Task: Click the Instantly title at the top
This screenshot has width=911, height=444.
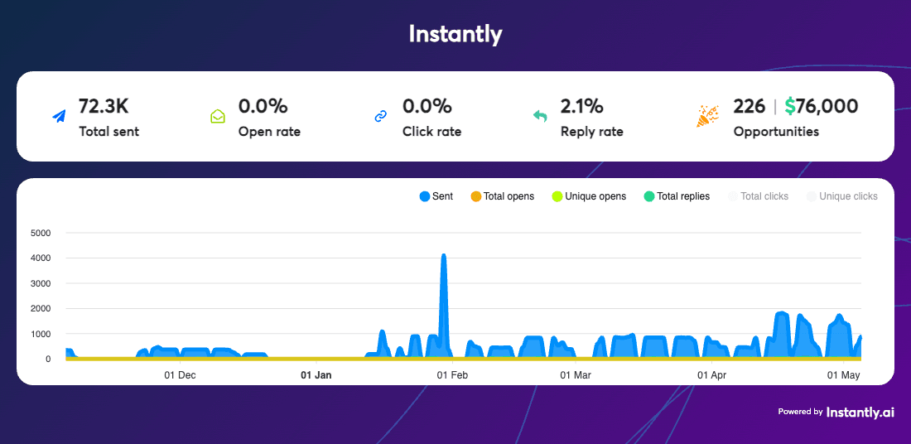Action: click(x=455, y=34)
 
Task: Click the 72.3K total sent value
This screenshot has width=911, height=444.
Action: click(x=104, y=106)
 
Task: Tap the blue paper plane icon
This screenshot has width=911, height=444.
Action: click(x=59, y=117)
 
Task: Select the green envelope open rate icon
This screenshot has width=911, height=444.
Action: click(x=218, y=117)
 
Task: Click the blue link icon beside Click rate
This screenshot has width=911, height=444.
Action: click(x=381, y=117)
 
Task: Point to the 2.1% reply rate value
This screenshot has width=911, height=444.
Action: click(x=581, y=106)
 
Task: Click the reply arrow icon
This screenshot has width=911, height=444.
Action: click(x=540, y=117)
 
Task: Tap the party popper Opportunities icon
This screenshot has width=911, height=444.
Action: click(x=707, y=117)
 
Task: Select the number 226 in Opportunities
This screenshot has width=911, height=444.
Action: click(x=749, y=106)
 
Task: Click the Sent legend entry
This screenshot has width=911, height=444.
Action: click(x=436, y=196)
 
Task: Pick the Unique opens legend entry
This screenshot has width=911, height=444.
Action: click(x=589, y=196)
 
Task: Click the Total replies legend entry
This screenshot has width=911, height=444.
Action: click(x=677, y=196)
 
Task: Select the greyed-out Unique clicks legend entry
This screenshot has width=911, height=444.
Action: click(x=841, y=196)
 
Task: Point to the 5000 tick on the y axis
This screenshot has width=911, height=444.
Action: click(x=40, y=233)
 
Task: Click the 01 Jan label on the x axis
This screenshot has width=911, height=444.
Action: click(x=316, y=375)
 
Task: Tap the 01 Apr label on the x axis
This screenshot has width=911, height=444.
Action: click(x=712, y=375)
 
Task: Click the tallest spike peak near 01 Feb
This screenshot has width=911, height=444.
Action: click(x=444, y=256)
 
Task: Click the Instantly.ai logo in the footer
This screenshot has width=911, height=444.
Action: click(x=860, y=412)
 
